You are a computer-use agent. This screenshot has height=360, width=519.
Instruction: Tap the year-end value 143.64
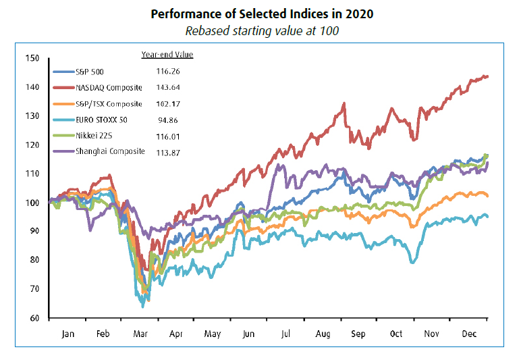(168, 87)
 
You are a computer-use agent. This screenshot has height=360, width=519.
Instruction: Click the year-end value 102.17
(168, 103)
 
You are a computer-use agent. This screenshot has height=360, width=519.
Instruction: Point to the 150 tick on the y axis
(33, 58)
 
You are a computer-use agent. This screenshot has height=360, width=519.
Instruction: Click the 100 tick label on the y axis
(33, 203)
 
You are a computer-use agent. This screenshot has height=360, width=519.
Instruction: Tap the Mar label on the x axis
(140, 333)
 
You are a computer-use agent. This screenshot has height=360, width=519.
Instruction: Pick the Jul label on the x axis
(286, 333)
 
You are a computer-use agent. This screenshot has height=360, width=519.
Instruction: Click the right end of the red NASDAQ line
(487, 77)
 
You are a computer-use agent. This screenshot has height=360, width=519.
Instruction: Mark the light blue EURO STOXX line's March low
(142, 307)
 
